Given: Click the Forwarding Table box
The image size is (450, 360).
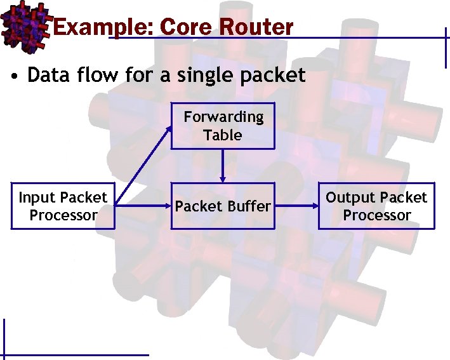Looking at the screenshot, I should (223, 126).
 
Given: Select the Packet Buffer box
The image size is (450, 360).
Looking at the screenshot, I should (223, 206).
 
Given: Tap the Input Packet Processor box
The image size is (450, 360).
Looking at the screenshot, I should (63, 206).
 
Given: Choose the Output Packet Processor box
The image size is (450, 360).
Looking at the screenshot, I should (376, 206).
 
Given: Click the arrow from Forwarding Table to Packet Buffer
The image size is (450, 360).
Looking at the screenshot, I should (223, 166).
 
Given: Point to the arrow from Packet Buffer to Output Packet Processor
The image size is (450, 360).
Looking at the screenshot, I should (296, 206).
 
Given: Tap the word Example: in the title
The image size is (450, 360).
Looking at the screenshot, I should (103, 27).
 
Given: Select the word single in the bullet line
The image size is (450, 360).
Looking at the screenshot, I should (198, 76).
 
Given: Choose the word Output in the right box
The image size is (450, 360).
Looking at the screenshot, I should (352, 197).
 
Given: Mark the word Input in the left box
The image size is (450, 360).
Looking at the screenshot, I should (37, 197).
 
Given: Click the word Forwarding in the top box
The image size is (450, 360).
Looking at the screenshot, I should (223, 117).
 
